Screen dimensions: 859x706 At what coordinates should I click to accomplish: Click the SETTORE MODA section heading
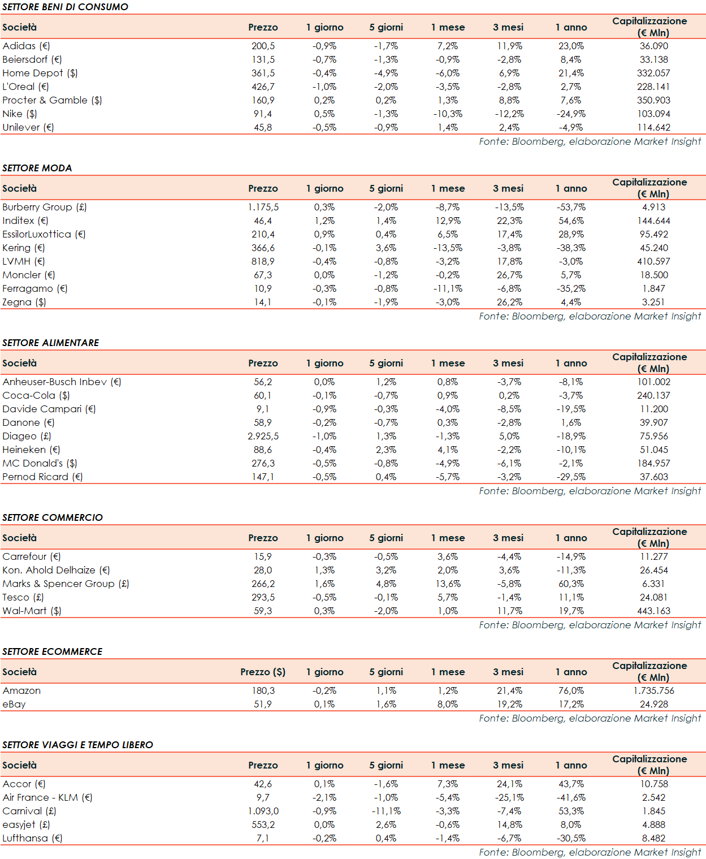point(37,168)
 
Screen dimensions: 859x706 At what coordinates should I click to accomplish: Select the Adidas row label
point(26,46)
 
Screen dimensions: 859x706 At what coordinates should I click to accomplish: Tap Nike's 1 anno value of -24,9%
point(571,114)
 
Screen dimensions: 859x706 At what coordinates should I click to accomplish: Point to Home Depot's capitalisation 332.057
point(653,73)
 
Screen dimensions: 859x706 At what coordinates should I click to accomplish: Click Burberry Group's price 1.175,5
point(263,207)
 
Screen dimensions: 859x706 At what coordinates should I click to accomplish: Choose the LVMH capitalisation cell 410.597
point(653,261)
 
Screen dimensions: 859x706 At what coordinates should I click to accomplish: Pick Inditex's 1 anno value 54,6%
point(571,221)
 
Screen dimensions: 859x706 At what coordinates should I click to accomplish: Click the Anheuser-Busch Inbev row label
point(62,382)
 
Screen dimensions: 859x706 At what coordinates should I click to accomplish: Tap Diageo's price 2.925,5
point(263,436)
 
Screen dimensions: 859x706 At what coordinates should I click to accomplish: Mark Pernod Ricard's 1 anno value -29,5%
point(571,477)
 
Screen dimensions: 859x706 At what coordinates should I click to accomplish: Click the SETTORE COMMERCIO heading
point(53,517)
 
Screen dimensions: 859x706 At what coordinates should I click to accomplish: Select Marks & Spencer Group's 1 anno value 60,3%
point(571,584)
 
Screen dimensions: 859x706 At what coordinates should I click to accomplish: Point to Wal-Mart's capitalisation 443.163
point(653,611)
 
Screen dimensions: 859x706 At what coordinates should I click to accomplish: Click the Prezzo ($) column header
point(263,672)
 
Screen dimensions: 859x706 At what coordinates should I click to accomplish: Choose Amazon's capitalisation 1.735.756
point(653,690)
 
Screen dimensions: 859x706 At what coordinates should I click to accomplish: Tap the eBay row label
point(14,704)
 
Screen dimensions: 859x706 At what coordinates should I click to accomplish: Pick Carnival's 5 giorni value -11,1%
point(387,811)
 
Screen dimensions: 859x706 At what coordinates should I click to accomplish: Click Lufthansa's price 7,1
point(263,838)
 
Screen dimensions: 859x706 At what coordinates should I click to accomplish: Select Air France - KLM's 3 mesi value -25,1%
point(509,797)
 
